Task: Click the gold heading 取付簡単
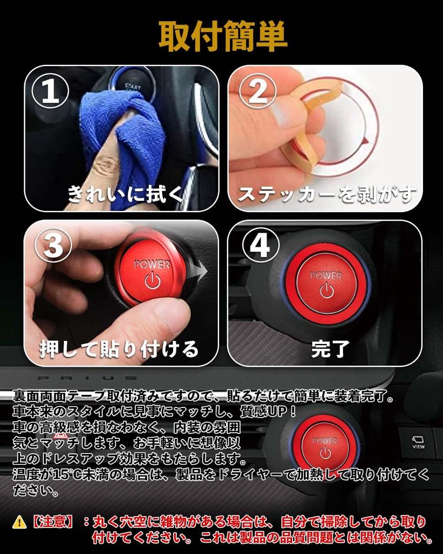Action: pos(223,36)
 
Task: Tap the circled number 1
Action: pos(50,91)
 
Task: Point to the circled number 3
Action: pos(54,245)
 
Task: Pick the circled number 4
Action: pos(260,245)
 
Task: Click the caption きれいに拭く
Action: pos(125,194)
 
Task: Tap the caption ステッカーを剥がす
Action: pos(327,194)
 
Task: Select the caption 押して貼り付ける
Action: pos(118,349)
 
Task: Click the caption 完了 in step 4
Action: pos(330,349)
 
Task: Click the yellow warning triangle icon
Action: pos(20,522)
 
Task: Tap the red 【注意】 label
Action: pos(53,522)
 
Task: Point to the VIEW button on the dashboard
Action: pos(418,443)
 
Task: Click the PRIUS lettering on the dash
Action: pos(87,378)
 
